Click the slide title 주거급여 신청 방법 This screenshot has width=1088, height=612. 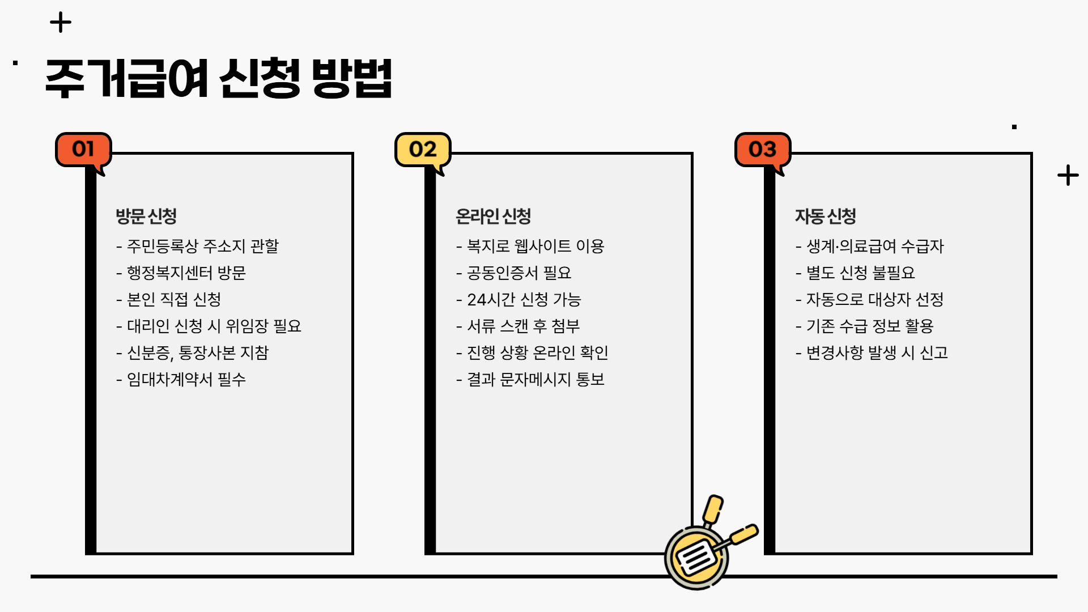click(x=218, y=78)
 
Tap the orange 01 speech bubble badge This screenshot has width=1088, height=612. click(x=83, y=150)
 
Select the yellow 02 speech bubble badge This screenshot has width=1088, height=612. click(x=423, y=150)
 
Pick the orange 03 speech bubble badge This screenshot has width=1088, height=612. click(x=762, y=150)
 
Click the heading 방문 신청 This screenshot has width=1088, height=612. click(x=146, y=216)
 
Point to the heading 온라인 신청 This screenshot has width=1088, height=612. click(x=493, y=216)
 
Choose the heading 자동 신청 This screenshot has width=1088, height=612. click(x=825, y=216)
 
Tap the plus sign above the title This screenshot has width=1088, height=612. click(x=61, y=23)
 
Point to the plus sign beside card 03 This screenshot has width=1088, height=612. click(x=1068, y=175)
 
